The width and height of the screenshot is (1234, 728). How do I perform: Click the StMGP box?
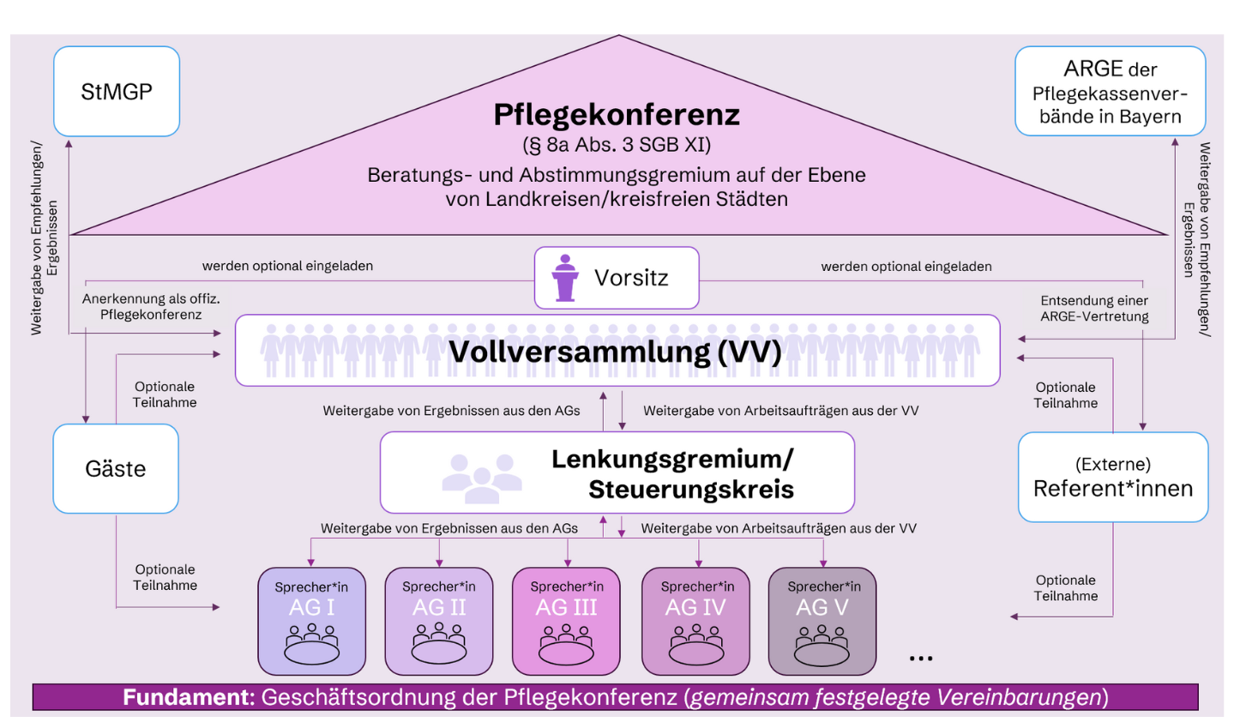[x=117, y=92]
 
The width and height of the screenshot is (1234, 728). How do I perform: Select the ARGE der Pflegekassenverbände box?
[x=1110, y=92]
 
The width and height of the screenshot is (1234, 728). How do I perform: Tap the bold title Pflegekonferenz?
[x=617, y=115]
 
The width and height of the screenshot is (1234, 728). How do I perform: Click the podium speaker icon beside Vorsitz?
[x=565, y=278]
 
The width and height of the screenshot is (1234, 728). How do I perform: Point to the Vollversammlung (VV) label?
[x=615, y=352]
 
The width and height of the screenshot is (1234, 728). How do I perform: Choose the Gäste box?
[x=116, y=469]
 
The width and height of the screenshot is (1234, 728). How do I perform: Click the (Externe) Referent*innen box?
[x=1112, y=478]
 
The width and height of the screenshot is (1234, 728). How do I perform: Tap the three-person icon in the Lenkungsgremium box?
[x=481, y=478]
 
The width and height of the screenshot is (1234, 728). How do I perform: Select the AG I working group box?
[x=311, y=621]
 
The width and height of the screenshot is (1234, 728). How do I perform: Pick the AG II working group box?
[x=439, y=621]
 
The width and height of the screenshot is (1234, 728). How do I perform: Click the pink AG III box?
[x=566, y=621]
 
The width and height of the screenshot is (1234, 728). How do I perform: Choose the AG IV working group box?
[x=696, y=621]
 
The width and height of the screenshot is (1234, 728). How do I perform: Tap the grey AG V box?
[x=822, y=621]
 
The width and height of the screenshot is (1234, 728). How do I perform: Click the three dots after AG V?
[x=920, y=659]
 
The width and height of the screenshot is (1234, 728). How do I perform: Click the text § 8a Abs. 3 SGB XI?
[x=617, y=144]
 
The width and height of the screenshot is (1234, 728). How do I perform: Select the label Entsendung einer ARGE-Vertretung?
[x=1094, y=309]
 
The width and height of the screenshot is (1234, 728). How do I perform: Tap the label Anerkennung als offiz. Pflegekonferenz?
[x=151, y=307]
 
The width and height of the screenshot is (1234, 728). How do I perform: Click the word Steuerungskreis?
[x=690, y=490]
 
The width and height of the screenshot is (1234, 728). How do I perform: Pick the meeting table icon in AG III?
[x=566, y=646]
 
